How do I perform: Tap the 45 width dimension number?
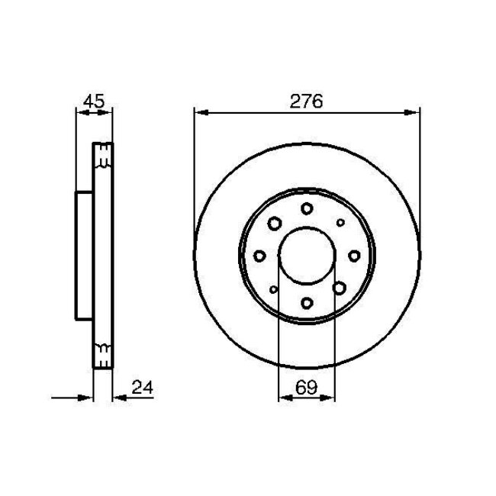coord(94,101)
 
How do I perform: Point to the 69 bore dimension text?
coord(306,388)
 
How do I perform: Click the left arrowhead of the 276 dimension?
coord(200,113)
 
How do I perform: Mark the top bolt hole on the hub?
coord(306,208)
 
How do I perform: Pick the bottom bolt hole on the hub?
coord(306,303)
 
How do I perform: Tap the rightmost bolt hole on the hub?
coord(354,256)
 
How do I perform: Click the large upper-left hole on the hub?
coord(273,222)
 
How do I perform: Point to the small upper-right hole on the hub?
coord(340,222)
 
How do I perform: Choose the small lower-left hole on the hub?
coord(273,289)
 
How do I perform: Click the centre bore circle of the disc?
coord(306,256)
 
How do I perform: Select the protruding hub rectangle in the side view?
coord(84,256)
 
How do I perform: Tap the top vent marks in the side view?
coord(102,161)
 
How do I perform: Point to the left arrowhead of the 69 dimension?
coord(282,398)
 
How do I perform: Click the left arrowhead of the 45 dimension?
coord(81,113)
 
